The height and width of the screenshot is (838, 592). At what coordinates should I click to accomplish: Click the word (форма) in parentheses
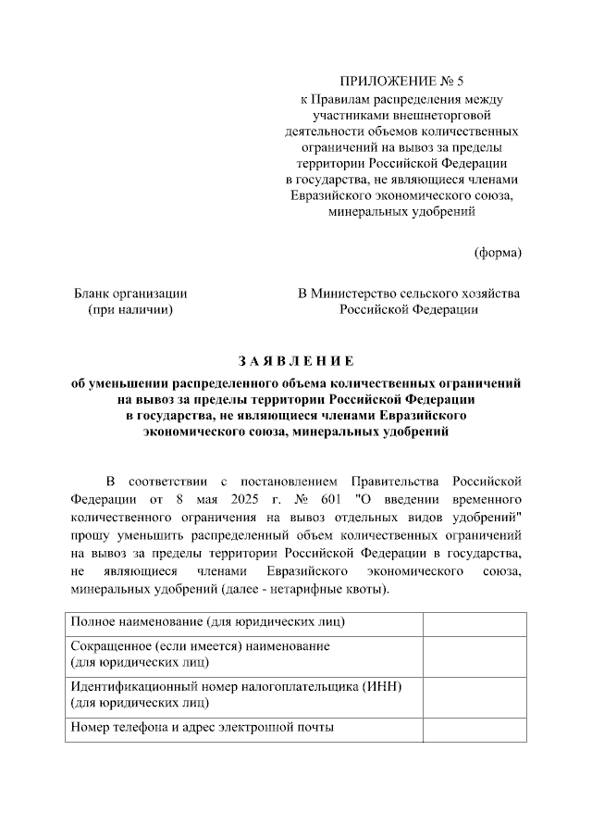point(497,252)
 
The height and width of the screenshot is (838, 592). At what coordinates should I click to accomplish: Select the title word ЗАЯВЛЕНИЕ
point(295,360)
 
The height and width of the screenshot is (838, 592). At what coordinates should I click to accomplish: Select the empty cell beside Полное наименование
point(475,624)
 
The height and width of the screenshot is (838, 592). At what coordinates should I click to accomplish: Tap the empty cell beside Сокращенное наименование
point(475,654)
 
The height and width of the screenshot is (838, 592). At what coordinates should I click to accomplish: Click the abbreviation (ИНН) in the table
point(386,685)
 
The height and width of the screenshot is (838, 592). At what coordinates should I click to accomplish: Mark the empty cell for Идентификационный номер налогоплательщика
point(475,694)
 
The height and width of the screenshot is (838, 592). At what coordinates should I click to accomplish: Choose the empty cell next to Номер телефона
point(475,728)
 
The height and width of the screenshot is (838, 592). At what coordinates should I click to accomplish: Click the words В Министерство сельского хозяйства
point(408,294)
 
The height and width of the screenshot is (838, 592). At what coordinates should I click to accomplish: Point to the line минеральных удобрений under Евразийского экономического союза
point(401,211)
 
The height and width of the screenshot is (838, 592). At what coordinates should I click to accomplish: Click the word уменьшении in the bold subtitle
point(129,381)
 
